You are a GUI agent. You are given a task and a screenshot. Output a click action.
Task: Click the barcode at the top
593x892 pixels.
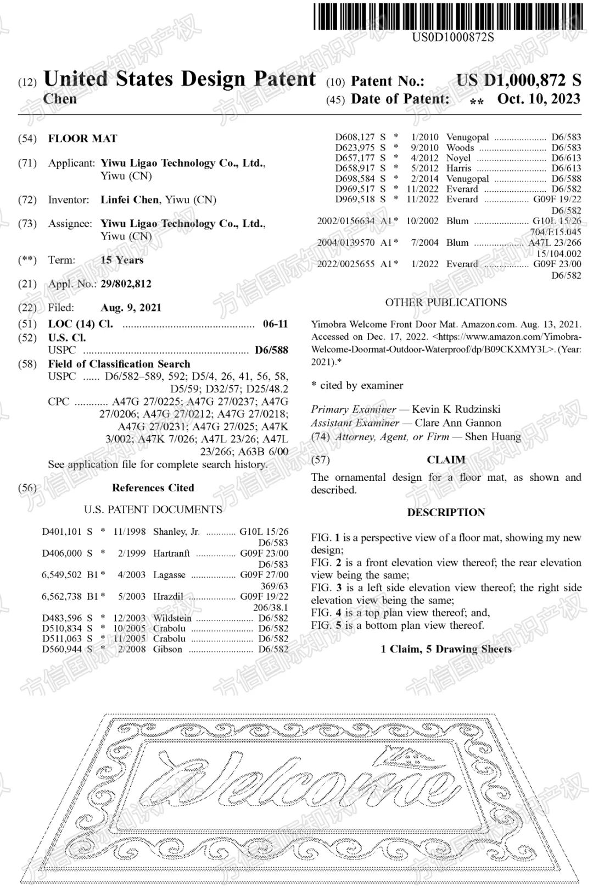pos(448,16)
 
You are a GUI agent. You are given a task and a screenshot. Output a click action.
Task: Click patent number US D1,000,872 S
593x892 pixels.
pos(518,80)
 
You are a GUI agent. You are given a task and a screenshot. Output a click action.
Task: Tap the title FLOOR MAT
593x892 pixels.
pos(82,138)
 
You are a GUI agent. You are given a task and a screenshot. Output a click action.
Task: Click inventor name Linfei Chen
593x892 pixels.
pos(130,200)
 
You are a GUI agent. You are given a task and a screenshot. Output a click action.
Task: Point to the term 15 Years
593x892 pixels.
pos(122,260)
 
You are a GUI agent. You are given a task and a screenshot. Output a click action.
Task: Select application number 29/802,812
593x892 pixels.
pos(126,284)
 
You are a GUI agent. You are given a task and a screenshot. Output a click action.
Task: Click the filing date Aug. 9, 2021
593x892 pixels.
pos(131,308)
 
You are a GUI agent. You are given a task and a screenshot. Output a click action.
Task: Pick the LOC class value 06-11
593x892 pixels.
pos(275,324)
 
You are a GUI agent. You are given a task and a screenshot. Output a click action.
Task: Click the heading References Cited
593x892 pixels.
pos(153,487)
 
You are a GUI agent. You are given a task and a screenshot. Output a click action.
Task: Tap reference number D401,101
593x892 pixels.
pos(61,531)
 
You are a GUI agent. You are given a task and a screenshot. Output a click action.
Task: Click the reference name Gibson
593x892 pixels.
pos(167,649)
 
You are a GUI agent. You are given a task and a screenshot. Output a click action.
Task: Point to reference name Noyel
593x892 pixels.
pos(458,158)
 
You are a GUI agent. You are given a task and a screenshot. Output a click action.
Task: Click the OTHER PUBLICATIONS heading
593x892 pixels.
pos(446,302)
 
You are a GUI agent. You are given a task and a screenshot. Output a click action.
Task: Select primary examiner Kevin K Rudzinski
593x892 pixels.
pos(456,409)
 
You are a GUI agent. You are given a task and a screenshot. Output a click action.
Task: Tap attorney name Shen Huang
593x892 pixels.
pos(493,436)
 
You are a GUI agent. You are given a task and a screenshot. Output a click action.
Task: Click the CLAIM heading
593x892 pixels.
pos(446,459)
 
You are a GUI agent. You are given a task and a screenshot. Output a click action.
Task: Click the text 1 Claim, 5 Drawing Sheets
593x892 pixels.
pos(446,649)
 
